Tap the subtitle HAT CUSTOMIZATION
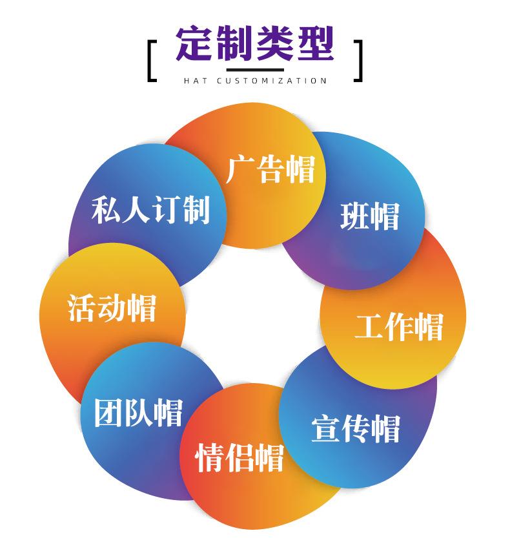coord(255,81)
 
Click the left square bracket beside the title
coord(152,61)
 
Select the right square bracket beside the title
coord(358,61)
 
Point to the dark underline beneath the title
coord(255,67)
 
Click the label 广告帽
coord(271,169)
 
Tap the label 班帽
coord(370,216)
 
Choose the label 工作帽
coord(399,326)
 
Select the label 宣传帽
coord(356,428)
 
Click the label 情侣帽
coord(240,457)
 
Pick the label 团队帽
coord(138,412)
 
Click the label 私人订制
coord(150,209)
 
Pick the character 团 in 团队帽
coord(109,412)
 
